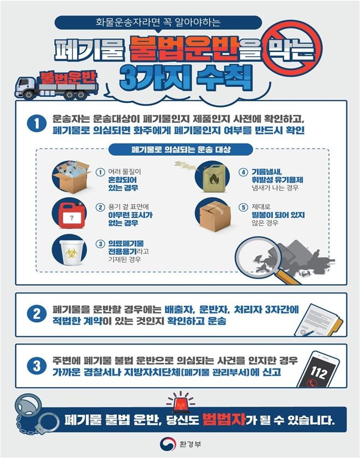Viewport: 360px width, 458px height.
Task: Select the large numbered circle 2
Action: [x=36, y=314]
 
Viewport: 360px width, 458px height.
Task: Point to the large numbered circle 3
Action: [x=36, y=366]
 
